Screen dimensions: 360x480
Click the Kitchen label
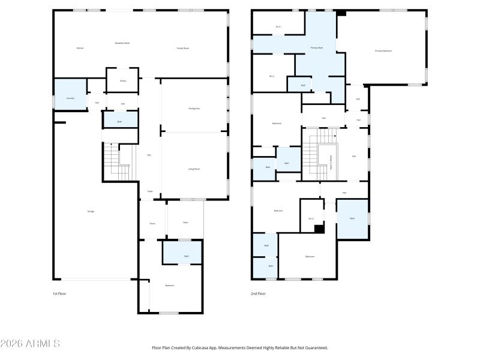point(80,48)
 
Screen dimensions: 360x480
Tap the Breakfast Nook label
point(122,43)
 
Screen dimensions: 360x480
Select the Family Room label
point(183,48)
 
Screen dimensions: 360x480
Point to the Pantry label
point(122,80)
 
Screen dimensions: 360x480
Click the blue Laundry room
point(70,95)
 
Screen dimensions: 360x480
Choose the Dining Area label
point(194,109)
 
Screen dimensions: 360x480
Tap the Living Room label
point(194,169)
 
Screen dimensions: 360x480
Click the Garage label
point(91,211)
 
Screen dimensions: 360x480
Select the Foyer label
point(150,191)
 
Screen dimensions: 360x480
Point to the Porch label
point(152,223)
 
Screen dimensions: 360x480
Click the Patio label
point(185,223)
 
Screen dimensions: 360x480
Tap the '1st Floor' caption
point(59,294)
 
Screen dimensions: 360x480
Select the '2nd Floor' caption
point(258,294)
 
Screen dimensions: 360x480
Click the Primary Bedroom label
point(383,51)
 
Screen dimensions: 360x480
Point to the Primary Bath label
point(317,47)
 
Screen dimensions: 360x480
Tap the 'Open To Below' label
point(331,163)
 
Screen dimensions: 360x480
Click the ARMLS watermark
point(30,344)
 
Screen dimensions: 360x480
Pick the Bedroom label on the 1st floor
point(170,286)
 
